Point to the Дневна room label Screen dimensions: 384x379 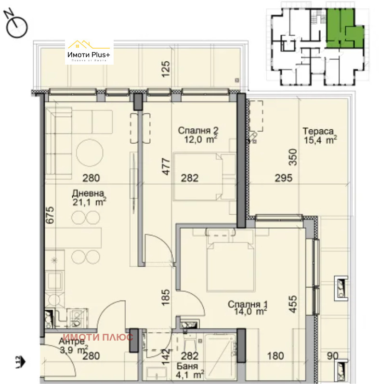tap(87, 193)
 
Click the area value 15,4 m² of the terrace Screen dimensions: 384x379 tap(320, 140)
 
